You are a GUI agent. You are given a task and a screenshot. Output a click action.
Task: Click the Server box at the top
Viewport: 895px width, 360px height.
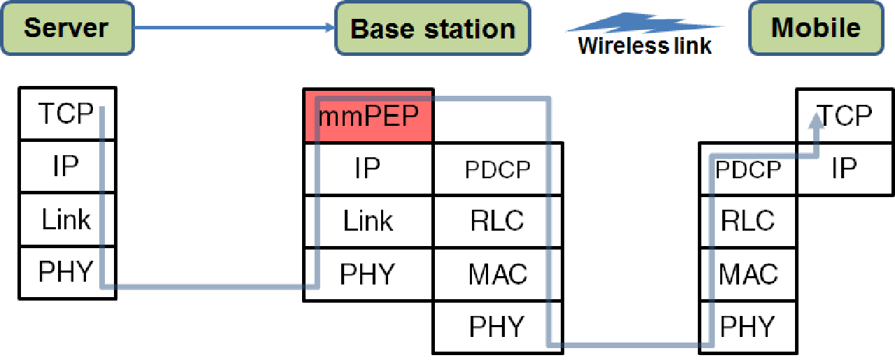coord(68,28)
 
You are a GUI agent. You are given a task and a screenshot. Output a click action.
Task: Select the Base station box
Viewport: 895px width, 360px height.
coord(433,28)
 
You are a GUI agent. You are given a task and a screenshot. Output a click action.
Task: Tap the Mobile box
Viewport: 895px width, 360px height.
coord(816,28)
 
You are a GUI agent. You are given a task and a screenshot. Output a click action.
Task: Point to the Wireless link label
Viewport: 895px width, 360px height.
coord(645,45)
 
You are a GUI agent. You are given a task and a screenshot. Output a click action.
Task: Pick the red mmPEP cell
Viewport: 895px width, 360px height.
coord(368,115)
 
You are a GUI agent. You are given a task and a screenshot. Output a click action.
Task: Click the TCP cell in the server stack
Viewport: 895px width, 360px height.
coord(68,113)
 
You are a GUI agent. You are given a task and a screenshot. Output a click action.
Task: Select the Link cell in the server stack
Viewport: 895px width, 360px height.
coord(68,219)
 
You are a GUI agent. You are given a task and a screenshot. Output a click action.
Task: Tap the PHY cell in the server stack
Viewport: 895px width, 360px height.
coord(68,273)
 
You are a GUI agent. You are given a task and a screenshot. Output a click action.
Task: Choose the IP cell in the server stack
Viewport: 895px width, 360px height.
coord(68,166)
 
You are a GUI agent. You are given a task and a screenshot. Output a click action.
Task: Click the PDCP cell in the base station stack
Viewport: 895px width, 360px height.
coord(498,169)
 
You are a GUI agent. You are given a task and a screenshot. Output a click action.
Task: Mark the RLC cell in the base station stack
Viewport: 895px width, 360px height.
coord(498,222)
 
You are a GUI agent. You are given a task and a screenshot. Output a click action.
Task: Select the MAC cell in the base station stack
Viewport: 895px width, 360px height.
coord(498,275)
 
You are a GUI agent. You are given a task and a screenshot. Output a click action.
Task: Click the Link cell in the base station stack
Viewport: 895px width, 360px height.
coord(368,222)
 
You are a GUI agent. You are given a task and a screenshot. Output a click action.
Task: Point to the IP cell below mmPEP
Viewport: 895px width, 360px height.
coord(368,169)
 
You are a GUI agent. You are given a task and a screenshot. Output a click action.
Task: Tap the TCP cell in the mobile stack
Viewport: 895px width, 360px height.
coord(845,115)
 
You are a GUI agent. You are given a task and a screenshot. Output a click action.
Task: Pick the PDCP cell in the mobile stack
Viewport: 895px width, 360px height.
coord(748,169)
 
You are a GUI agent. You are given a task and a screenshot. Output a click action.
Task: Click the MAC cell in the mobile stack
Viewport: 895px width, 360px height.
coord(748,275)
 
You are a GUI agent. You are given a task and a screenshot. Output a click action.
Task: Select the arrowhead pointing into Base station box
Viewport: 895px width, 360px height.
coord(330,27)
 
